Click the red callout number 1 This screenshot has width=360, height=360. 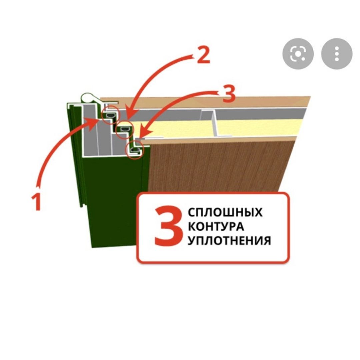click(36, 202)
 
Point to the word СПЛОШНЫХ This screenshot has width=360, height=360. click(225, 212)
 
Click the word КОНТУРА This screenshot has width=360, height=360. click(216, 227)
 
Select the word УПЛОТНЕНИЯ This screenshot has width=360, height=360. click(229, 241)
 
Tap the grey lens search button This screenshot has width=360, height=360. click(298, 53)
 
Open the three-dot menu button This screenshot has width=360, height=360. click(337, 53)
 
